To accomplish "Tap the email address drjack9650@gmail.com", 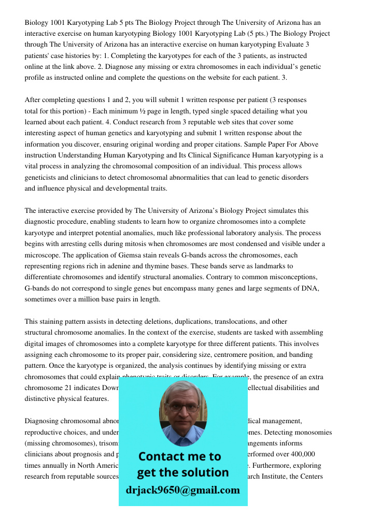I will [183, 490].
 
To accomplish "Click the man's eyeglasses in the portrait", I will [183, 407].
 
